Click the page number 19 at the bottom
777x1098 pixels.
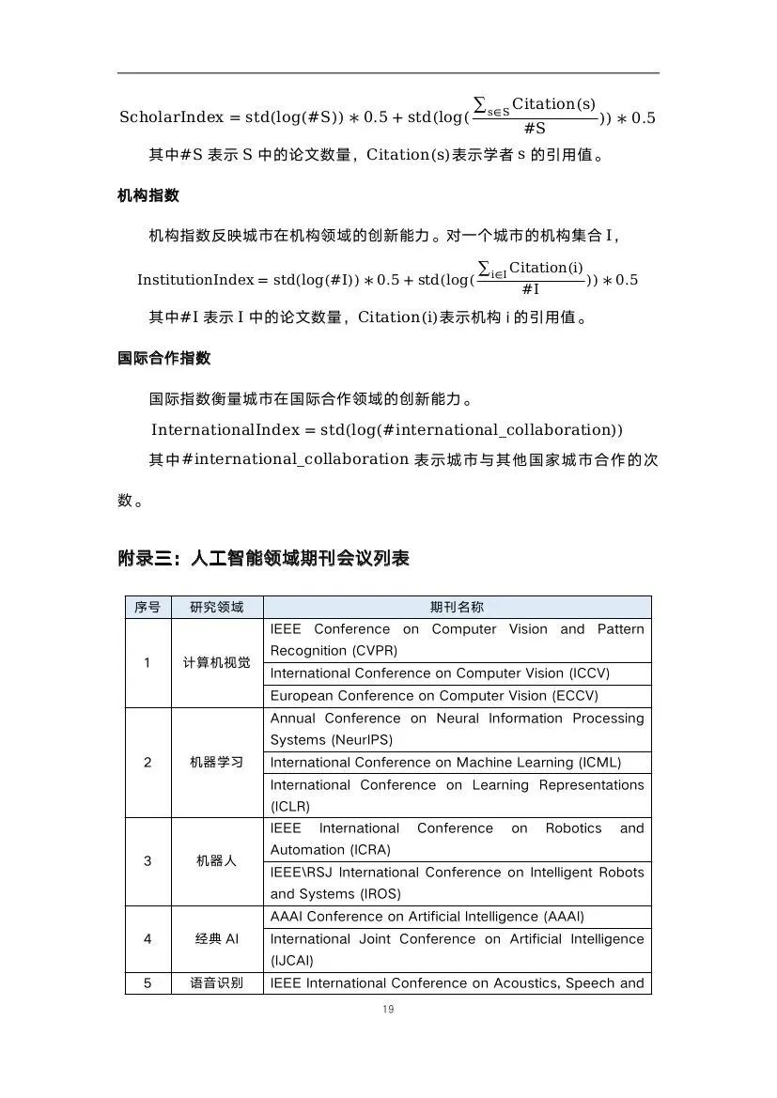[x=388, y=1009]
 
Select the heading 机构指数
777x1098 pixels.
[x=148, y=195]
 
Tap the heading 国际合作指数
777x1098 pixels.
[x=164, y=358]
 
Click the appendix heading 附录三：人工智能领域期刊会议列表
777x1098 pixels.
[x=263, y=558]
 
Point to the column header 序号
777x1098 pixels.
[x=148, y=607]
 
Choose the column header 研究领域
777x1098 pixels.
[x=216, y=607]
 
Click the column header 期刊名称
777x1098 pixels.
[x=457, y=607]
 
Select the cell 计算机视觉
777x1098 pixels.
[x=216, y=662]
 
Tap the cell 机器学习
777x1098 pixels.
[x=216, y=762]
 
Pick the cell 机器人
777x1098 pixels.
[x=216, y=860]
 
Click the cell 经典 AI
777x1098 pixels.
[x=216, y=938]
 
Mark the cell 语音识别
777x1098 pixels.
[x=216, y=983]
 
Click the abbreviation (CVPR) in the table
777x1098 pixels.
[x=374, y=651]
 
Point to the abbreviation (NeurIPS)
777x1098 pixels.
[x=359, y=740]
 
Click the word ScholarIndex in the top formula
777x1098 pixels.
[x=172, y=117]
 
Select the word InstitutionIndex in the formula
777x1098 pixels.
[x=195, y=280]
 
